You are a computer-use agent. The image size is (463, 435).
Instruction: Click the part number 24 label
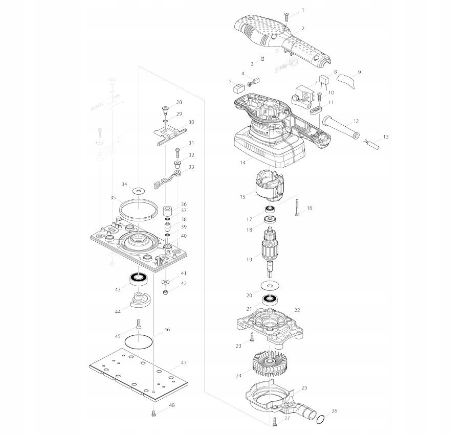coord(238,376)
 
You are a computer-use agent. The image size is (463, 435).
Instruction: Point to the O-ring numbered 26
coord(320,420)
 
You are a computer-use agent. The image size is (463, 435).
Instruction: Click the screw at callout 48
coord(153,414)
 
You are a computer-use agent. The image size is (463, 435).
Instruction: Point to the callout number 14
coord(242,163)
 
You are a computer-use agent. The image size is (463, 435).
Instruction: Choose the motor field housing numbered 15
coord(269,187)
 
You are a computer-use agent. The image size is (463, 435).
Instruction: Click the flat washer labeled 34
coord(137,190)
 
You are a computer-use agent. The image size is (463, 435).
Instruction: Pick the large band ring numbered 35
coord(137,209)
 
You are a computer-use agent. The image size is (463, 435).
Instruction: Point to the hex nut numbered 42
coord(166,292)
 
